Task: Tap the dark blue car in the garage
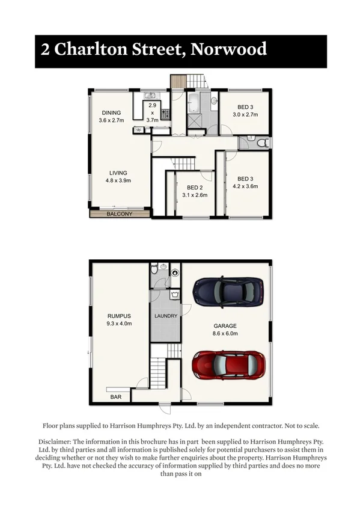click(228, 292)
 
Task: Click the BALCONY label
click(119, 214)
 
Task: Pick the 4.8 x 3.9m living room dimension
click(118, 180)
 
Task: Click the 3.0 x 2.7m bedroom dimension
click(245, 114)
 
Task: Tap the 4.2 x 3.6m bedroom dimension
click(245, 186)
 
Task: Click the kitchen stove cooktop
click(165, 111)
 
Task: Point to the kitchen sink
click(150, 95)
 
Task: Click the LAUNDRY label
click(165, 316)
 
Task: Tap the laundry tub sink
click(174, 294)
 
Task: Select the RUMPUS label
click(119, 316)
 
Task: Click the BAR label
click(115, 397)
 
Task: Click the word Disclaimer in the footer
click(64, 441)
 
